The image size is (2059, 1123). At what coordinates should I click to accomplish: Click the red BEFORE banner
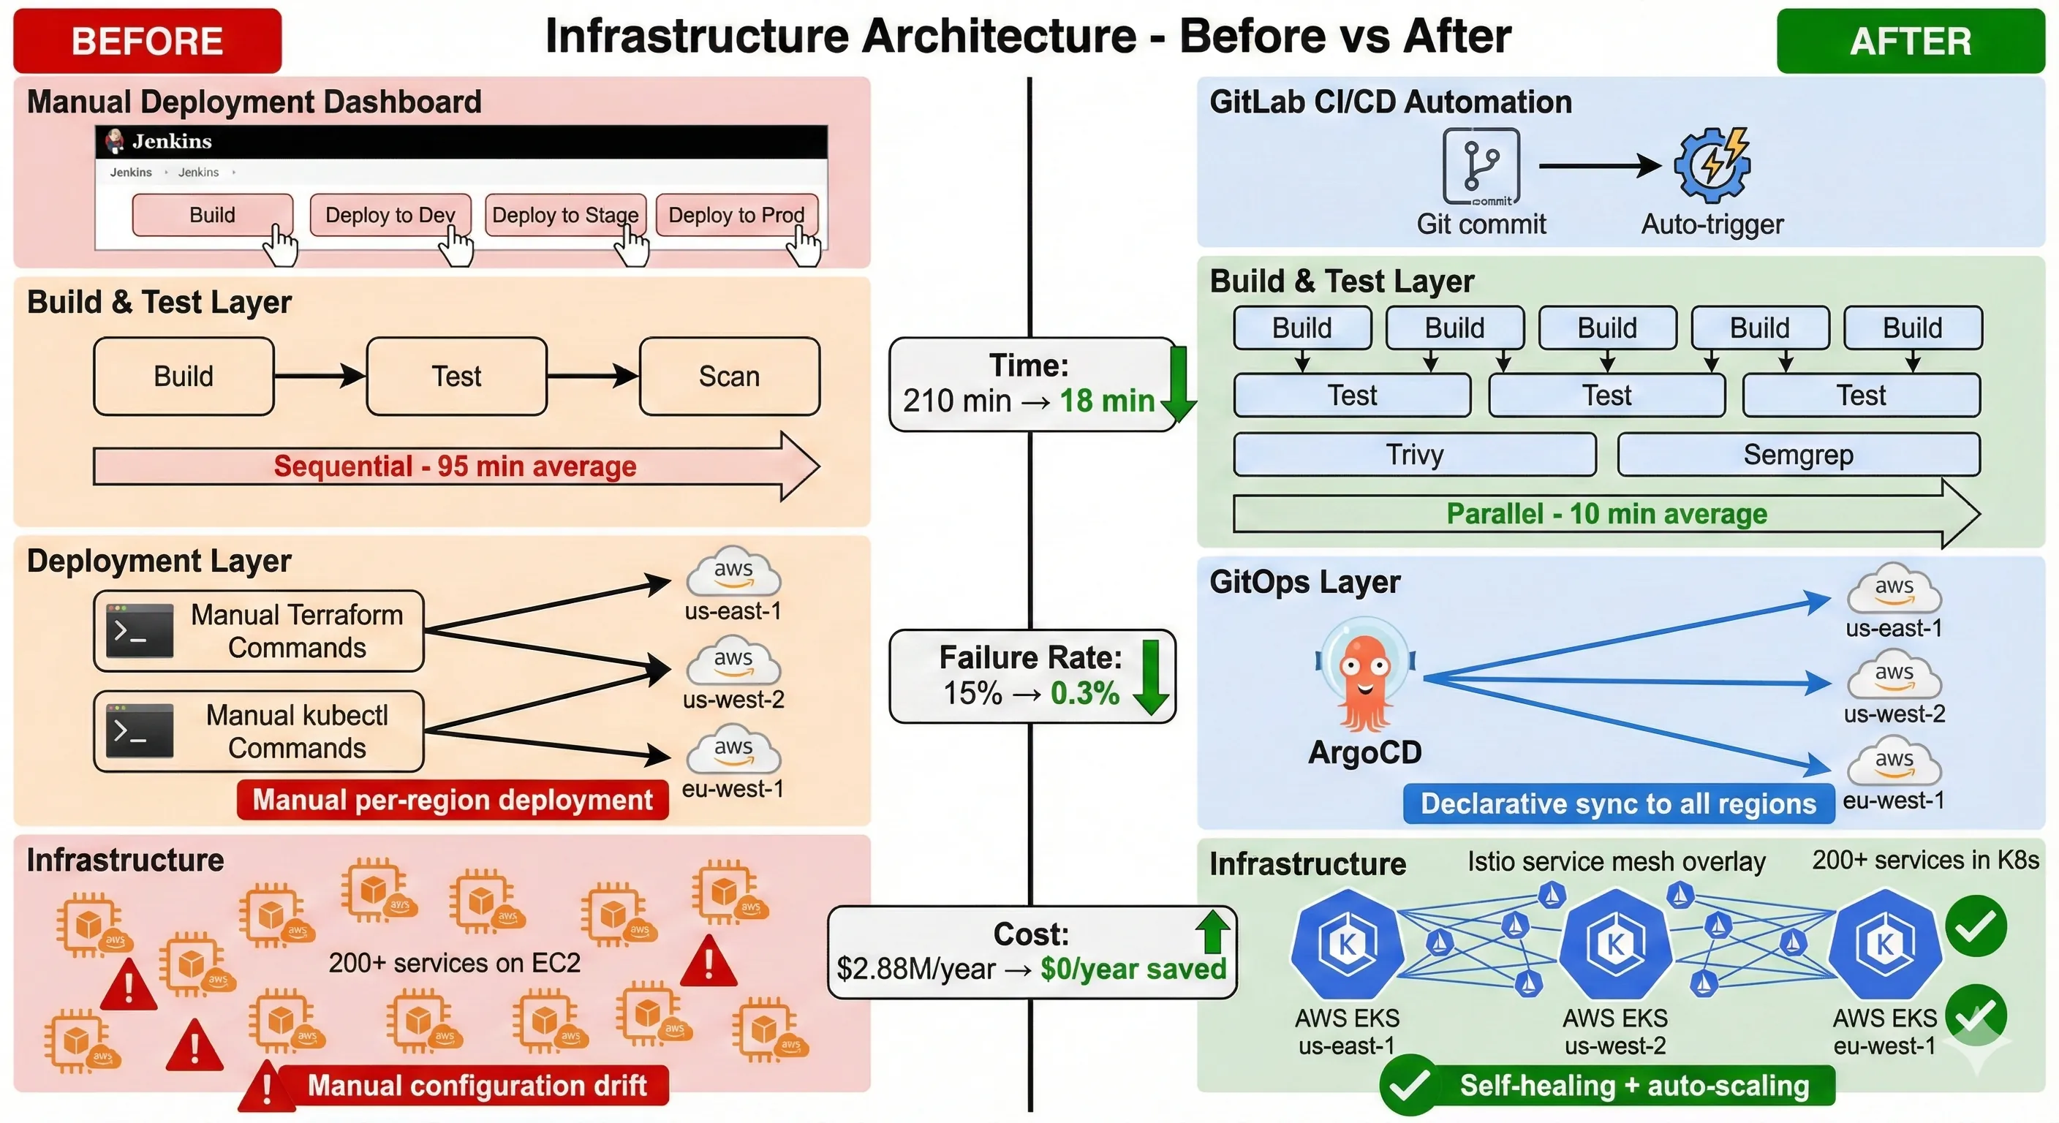coord(147,41)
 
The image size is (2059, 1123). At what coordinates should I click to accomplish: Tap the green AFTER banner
coord(1910,41)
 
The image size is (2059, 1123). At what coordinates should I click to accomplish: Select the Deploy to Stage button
coord(565,215)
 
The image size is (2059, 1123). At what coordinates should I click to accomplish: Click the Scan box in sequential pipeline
coord(729,376)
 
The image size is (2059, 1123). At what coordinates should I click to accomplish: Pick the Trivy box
coord(1414,455)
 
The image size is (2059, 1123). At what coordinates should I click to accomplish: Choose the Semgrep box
coord(1798,455)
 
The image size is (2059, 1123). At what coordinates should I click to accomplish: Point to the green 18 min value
coord(1106,401)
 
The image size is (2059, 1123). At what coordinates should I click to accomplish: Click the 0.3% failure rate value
coord(1084,693)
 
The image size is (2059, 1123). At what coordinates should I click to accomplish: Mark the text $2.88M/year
coord(915,969)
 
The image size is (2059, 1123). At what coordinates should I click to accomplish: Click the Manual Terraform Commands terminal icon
coord(140,631)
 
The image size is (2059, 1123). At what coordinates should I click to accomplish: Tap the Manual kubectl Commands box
coord(258,730)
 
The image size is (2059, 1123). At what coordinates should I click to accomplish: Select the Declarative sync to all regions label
coord(1618,804)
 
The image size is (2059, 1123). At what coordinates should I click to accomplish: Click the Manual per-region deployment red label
coord(453,800)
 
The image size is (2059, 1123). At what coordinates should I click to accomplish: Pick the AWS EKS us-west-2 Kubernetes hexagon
coord(1614,944)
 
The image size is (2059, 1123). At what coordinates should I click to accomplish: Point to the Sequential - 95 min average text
coord(455,466)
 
